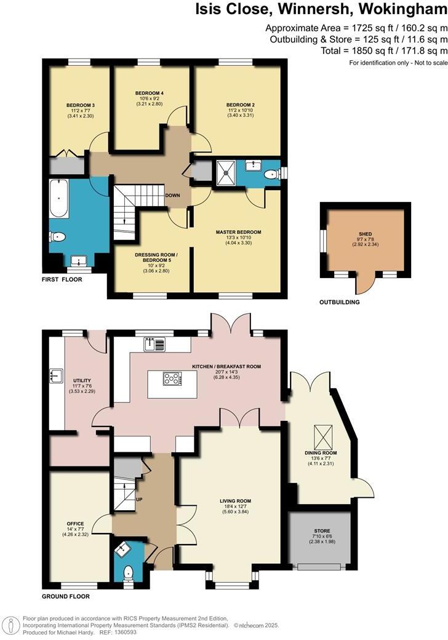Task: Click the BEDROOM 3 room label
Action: [x=80, y=105]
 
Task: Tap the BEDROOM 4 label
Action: [x=149, y=93]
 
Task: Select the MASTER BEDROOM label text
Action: [x=238, y=232]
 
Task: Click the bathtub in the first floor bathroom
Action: [x=60, y=199]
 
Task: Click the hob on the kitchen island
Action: [x=172, y=378]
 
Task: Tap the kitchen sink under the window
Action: [x=155, y=345]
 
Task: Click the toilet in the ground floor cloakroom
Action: [x=129, y=573]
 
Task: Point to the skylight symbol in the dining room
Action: [x=321, y=436]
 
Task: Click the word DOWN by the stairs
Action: [x=172, y=195]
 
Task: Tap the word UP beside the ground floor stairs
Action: [x=139, y=499]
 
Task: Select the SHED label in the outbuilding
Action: [x=366, y=234]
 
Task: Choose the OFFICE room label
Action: [x=75, y=524]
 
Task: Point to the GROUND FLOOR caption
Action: [x=65, y=596]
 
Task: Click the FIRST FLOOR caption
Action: [x=62, y=279]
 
